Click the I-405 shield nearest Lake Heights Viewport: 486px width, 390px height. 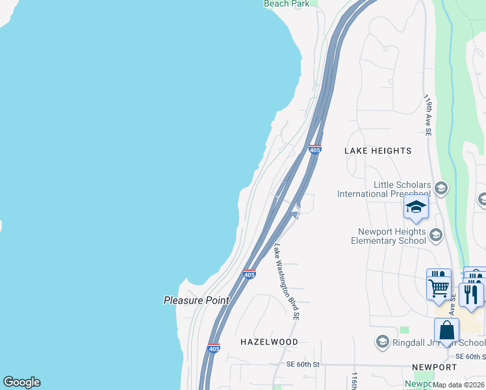click(x=314, y=150)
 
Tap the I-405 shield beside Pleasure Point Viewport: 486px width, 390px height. click(x=249, y=274)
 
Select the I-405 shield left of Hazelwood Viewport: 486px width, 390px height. click(x=214, y=348)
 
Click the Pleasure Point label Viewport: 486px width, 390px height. click(x=196, y=300)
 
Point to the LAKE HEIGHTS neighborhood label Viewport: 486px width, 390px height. click(x=377, y=151)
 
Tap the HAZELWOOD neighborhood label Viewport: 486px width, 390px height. click(x=269, y=341)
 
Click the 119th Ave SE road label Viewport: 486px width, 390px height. click(x=428, y=116)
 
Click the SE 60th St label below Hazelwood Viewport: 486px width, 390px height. click(x=303, y=365)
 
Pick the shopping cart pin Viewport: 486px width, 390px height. click(x=439, y=285)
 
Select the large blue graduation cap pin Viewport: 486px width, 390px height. click(x=415, y=207)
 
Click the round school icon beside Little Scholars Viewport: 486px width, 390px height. click(x=441, y=188)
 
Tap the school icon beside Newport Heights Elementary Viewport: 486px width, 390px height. click(x=436, y=235)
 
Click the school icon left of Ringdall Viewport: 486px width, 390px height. click(x=383, y=342)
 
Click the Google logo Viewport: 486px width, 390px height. click(x=21, y=382)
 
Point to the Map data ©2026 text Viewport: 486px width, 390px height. click(x=459, y=385)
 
